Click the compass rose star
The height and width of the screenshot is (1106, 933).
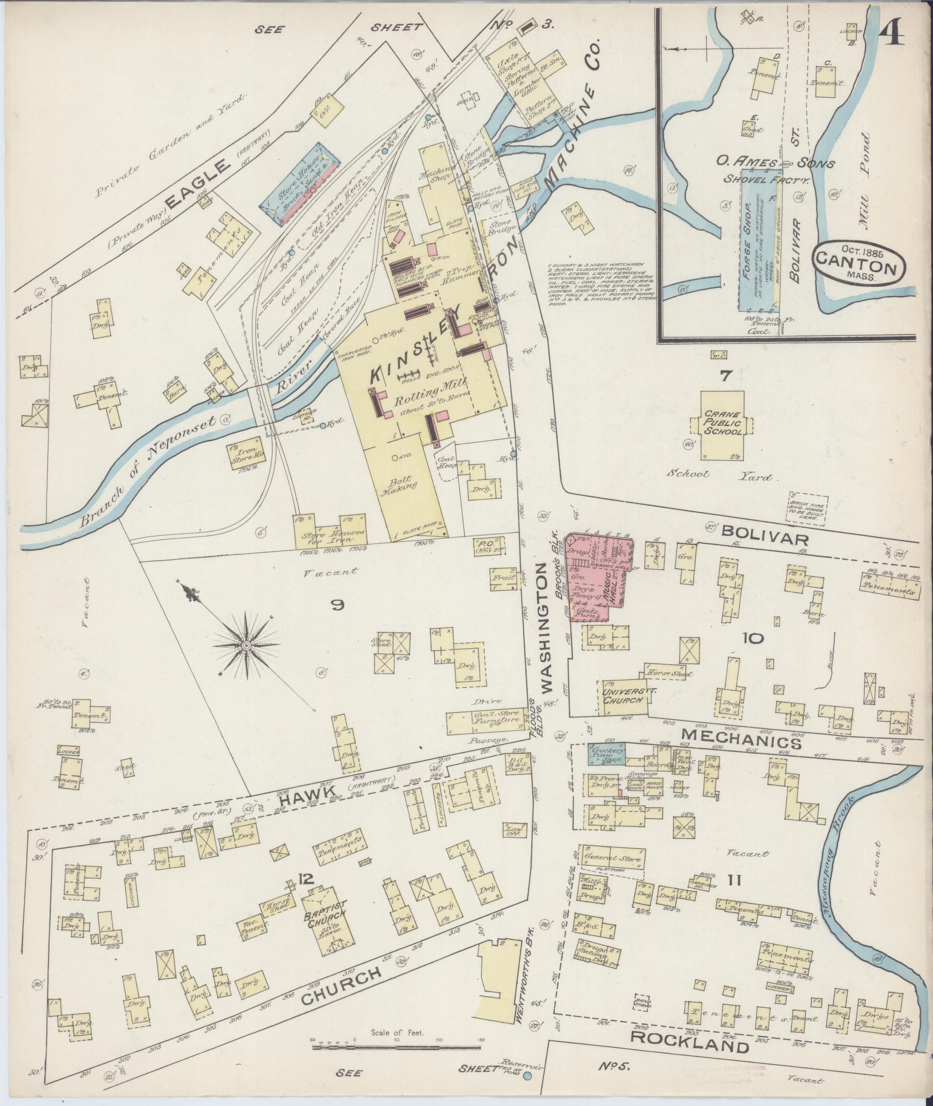click(x=246, y=644)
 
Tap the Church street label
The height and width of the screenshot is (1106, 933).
click(x=341, y=987)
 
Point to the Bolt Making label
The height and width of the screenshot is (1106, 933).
click(x=401, y=479)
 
